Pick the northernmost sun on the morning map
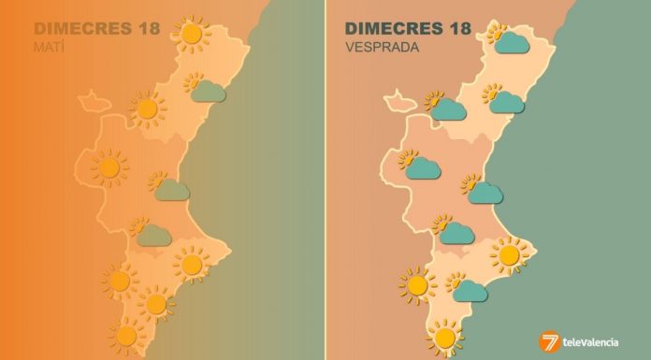(192, 35)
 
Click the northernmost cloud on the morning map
(208, 92)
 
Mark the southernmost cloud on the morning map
(153, 235)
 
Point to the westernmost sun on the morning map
(109, 168)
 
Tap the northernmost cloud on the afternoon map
(513, 42)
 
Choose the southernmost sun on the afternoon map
(444, 335)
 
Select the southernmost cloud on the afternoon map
(470, 291)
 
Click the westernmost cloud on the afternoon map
(423, 168)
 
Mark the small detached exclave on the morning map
(93, 98)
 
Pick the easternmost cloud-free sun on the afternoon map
(510, 254)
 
